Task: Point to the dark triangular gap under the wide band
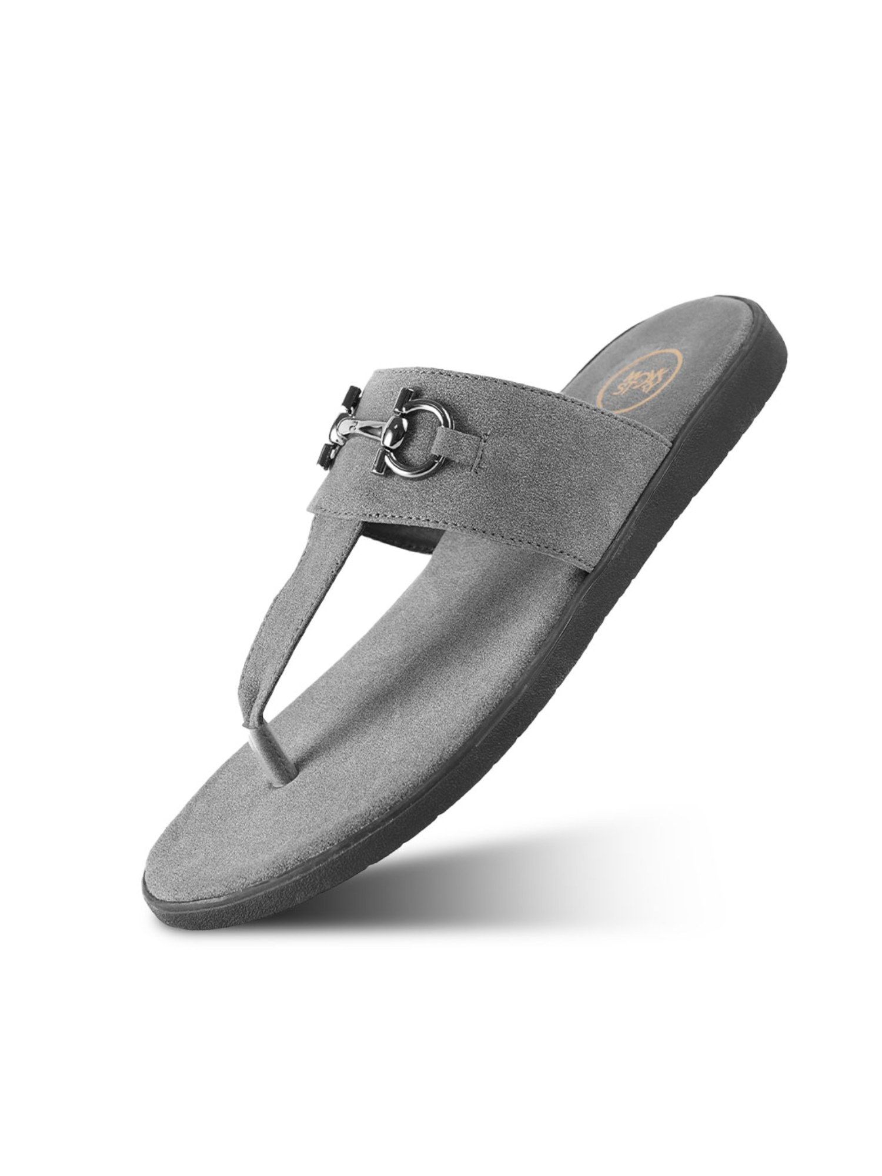tap(400, 538)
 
